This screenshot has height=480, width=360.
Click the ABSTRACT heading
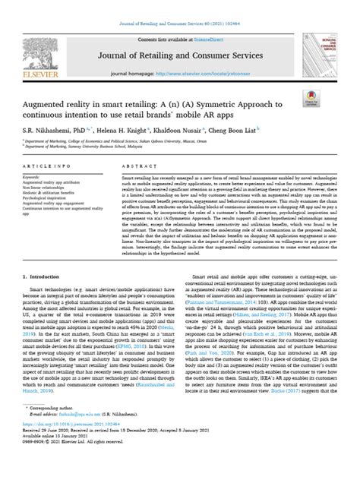coord(136,164)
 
